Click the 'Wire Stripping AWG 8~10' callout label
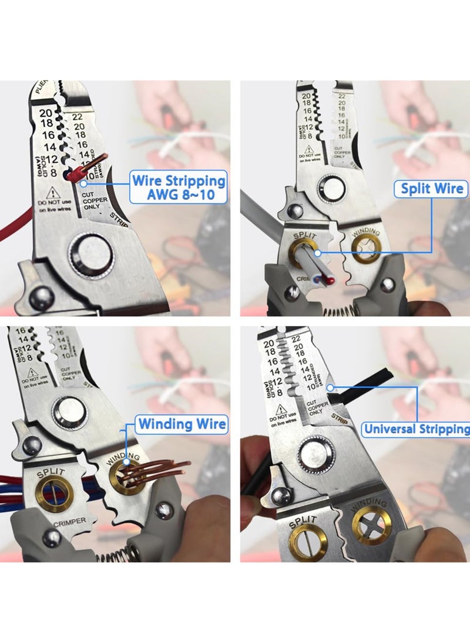pyautogui.click(x=178, y=187)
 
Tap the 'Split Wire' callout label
pyautogui.click(x=432, y=189)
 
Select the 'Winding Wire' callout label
pyautogui.click(x=182, y=424)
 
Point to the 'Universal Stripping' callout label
pyautogui.click(x=416, y=429)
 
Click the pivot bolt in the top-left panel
pyautogui.click(x=91, y=257)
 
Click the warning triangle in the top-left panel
pyautogui.click(x=52, y=193)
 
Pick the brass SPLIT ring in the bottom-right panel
pyautogui.click(x=308, y=541)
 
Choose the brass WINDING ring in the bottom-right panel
pyautogui.click(x=371, y=526)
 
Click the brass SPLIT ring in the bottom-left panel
pyautogui.click(x=49, y=494)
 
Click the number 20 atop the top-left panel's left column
pyautogui.click(x=46, y=112)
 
